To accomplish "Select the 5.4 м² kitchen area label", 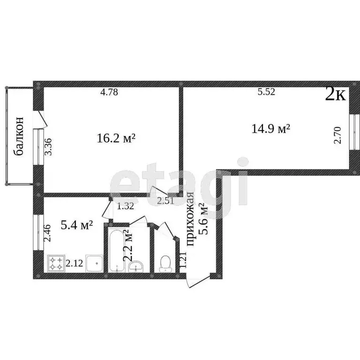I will pyautogui.click(x=77, y=225).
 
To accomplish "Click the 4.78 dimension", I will pyautogui.click(x=109, y=92).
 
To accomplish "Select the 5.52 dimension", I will pyautogui.click(x=266, y=92).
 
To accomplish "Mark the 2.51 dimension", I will pyautogui.click(x=165, y=202).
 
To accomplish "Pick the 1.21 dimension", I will pyautogui.click(x=183, y=259).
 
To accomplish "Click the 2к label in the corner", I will pyautogui.click(x=336, y=95).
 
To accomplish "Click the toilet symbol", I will pyautogui.click(x=165, y=263).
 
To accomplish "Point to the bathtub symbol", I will pyautogui.click(x=115, y=251).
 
